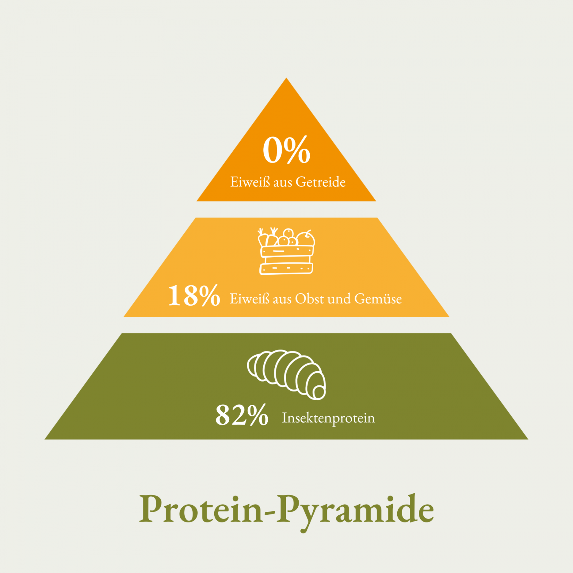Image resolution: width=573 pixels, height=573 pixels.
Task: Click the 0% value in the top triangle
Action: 286,150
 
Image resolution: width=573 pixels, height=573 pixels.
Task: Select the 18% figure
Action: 194,295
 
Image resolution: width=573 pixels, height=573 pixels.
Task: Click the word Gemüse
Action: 378,299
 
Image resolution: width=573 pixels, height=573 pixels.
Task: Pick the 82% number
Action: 242,415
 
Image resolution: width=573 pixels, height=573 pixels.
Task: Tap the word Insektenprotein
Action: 329,418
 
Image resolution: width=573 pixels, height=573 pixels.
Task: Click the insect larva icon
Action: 286,374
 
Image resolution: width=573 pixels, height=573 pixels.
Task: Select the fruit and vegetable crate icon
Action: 286,251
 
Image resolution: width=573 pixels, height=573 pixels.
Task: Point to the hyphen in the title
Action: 270,511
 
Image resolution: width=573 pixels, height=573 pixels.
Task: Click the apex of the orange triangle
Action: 286,78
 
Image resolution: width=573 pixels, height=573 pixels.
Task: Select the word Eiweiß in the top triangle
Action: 250,182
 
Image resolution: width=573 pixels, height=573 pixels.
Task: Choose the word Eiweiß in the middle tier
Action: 249,299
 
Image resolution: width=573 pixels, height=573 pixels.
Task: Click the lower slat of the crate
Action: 286,268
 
